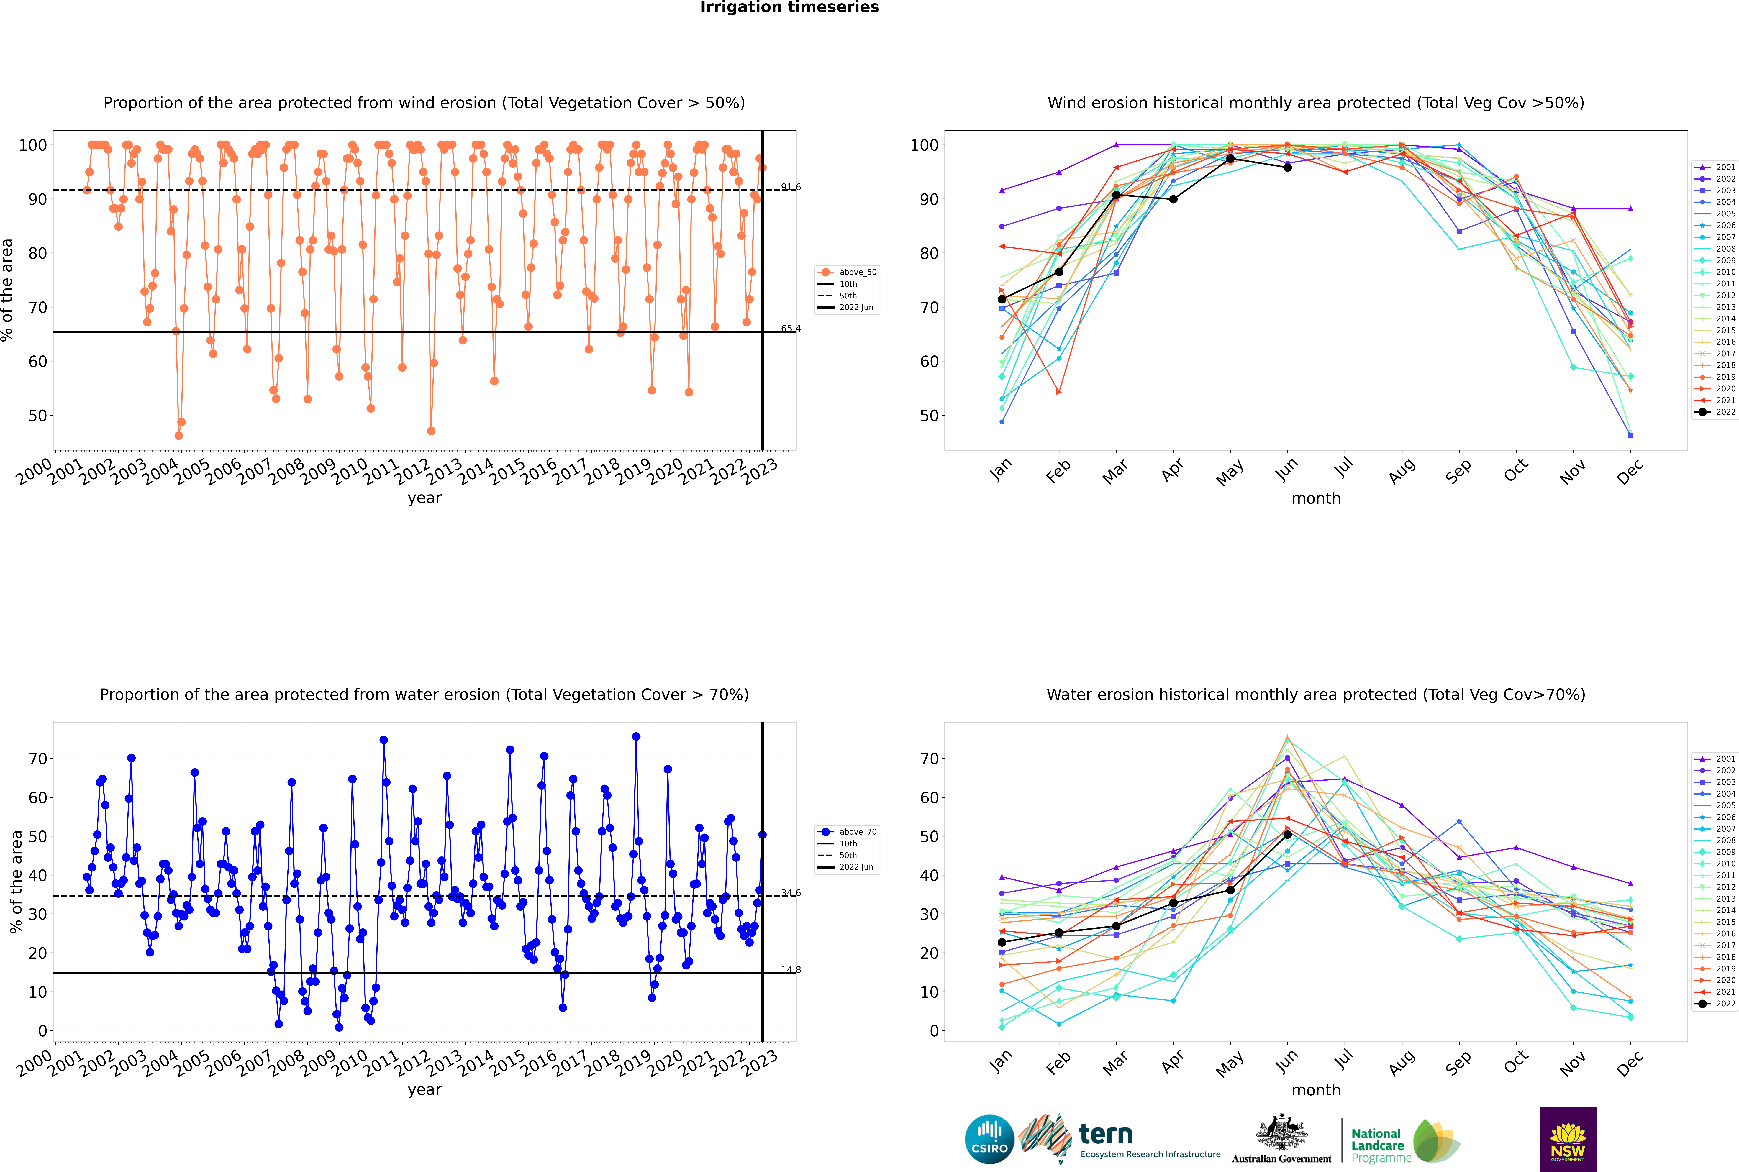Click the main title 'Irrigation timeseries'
pos(789,7)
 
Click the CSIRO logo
pos(989,1139)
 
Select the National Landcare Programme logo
pos(1405,1141)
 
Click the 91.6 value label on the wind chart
pos(790,187)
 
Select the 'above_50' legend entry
pos(847,272)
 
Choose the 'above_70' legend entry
pos(847,832)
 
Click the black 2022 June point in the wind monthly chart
pos(1287,168)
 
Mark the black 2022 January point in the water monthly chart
pos(1002,943)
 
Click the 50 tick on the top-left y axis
pos(37,416)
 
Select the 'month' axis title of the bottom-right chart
pos(1316,1090)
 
